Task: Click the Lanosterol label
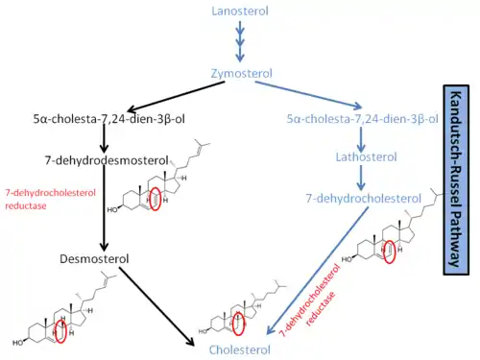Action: (240, 12)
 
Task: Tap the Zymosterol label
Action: (242, 74)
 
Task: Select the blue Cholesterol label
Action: (240, 349)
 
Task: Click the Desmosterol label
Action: (94, 258)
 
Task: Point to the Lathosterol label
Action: (366, 156)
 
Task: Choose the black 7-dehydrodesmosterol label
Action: (107, 160)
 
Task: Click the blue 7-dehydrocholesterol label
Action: (364, 199)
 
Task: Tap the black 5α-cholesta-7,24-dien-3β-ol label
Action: (109, 119)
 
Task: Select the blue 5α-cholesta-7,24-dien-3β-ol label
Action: (362, 119)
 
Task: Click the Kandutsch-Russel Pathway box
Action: (456, 180)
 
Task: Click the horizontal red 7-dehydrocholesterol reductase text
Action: (50, 199)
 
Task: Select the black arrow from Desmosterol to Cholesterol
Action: (156, 306)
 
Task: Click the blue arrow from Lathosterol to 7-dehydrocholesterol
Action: (361, 178)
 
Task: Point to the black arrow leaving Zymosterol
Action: (176, 96)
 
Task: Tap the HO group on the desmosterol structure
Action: (18, 343)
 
